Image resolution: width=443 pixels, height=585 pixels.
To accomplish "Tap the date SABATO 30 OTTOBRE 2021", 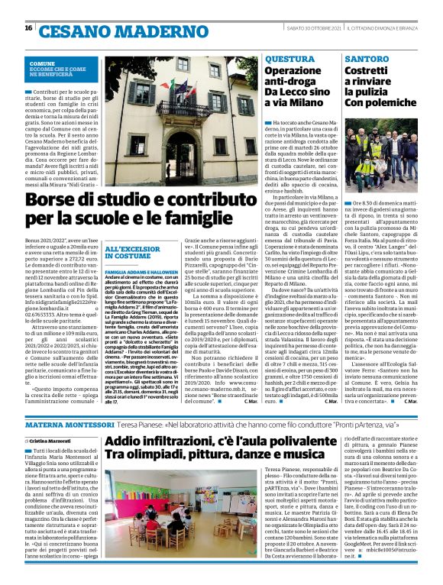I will tap(309, 28).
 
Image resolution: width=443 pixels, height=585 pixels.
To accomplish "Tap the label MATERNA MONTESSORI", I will tap(68, 424).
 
